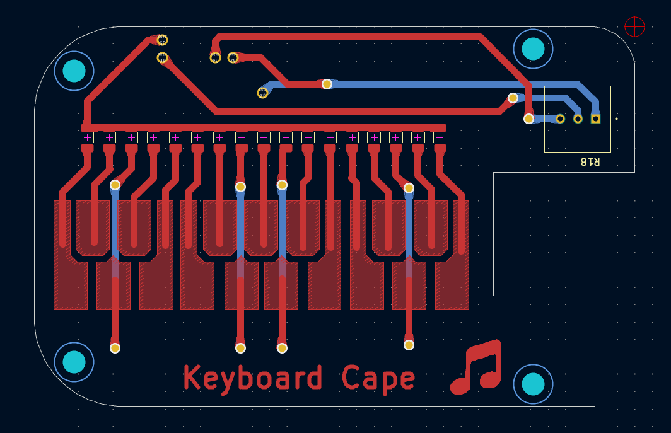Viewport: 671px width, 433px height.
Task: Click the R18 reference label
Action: click(590, 162)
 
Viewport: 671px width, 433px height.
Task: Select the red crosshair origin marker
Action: click(634, 26)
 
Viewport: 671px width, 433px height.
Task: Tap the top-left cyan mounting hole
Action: click(74, 71)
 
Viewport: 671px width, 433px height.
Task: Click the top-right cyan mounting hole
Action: click(533, 49)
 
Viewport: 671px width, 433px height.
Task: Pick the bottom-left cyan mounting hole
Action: click(74, 362)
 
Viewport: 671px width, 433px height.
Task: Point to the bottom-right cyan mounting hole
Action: click(533, 383)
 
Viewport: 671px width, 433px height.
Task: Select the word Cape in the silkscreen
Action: click(378, 379)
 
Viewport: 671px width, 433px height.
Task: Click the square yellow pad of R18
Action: click(595, 118)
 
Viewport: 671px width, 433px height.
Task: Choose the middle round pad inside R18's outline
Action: click(578, 118)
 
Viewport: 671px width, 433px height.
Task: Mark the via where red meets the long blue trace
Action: click(327, 84)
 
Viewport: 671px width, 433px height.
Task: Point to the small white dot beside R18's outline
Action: click(616, 118)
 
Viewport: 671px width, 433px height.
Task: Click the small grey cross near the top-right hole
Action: click(498, 40)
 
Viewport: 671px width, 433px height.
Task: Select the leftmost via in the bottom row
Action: click(115, 348)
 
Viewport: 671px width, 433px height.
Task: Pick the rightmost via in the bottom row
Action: click(409, 345)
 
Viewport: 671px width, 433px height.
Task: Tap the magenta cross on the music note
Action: click(477, 367)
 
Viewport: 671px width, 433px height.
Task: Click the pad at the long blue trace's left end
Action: click(263, 93)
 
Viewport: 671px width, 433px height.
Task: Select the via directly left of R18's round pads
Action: click(528, 118)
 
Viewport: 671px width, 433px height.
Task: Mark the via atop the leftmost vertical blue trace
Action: click(115, 185)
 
